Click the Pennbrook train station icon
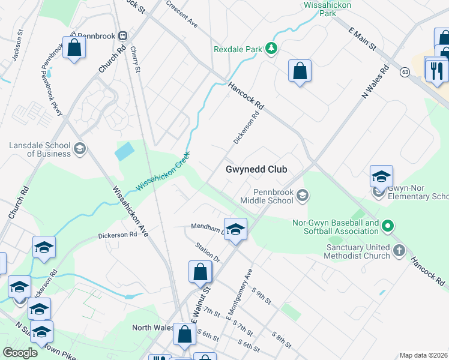tap(122, 35)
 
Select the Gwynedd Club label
tap(256, 169)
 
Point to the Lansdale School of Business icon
tap(79, 148)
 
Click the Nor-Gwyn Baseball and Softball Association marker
tap(388, 226)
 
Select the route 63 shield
tap(405, 72)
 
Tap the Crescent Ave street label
tap(182, 14)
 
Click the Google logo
tap(20, 353)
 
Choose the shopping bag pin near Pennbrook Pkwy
tap(74, 48)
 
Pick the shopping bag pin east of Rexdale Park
tap(300, 71)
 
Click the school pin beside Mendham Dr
tap(236, 229)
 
